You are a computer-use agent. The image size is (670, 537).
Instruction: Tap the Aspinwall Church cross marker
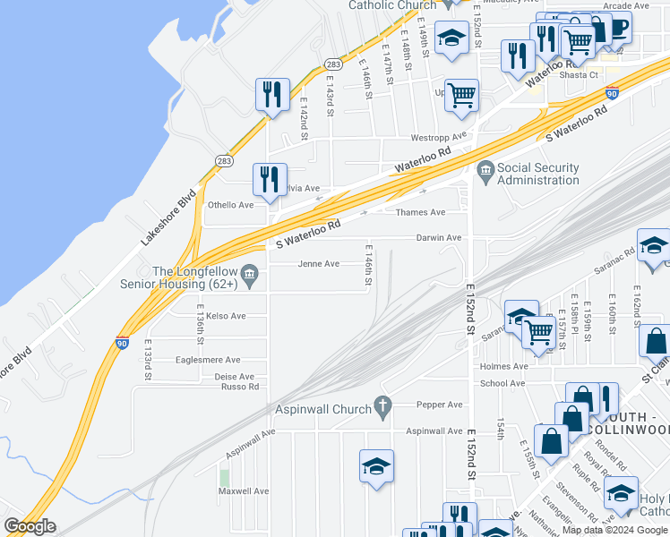point(383,407)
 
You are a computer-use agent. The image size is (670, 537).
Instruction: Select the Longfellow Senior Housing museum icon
point(251,273)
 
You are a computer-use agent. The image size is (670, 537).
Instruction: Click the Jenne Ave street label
point(319,264)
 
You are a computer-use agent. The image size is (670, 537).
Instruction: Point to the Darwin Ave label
point(438,238)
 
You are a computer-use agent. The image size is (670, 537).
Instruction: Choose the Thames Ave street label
point(420,213)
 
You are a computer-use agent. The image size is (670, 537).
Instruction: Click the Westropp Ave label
point(439,138)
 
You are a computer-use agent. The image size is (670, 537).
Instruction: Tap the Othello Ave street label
point(231,205)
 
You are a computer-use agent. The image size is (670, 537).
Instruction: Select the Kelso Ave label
point(226,316)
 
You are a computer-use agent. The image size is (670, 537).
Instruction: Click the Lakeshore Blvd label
point(167,218)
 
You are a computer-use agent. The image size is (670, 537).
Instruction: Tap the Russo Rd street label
point(240,387)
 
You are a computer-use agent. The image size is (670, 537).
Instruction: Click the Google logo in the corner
point(30,525)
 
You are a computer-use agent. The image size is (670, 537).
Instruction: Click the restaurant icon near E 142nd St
point(271,95)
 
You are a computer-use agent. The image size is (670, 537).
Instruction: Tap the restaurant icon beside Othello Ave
point(269,179)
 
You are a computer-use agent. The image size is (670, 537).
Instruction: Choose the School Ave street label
point(502,383)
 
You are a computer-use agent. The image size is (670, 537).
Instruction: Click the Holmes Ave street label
point(504,366)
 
